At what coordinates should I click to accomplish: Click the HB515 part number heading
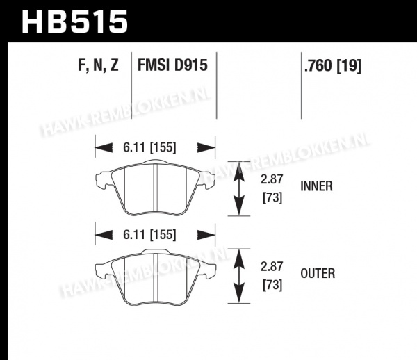click(x=74, y=22)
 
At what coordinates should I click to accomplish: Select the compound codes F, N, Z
click(x=98, y=65)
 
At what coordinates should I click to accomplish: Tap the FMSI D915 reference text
click(x=172, y=65)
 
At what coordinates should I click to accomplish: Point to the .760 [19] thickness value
click(x=333, y=65)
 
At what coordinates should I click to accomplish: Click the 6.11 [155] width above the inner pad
click(x=149, y=147)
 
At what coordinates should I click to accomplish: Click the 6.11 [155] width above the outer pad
click(x=149, y=235)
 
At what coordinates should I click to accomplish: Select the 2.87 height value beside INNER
click(x=272, y=179)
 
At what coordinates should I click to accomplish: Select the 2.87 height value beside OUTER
click(x=272, y=267)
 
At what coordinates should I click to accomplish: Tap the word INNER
click(x=316, y=186)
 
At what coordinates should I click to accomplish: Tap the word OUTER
click(x=318, y=274)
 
